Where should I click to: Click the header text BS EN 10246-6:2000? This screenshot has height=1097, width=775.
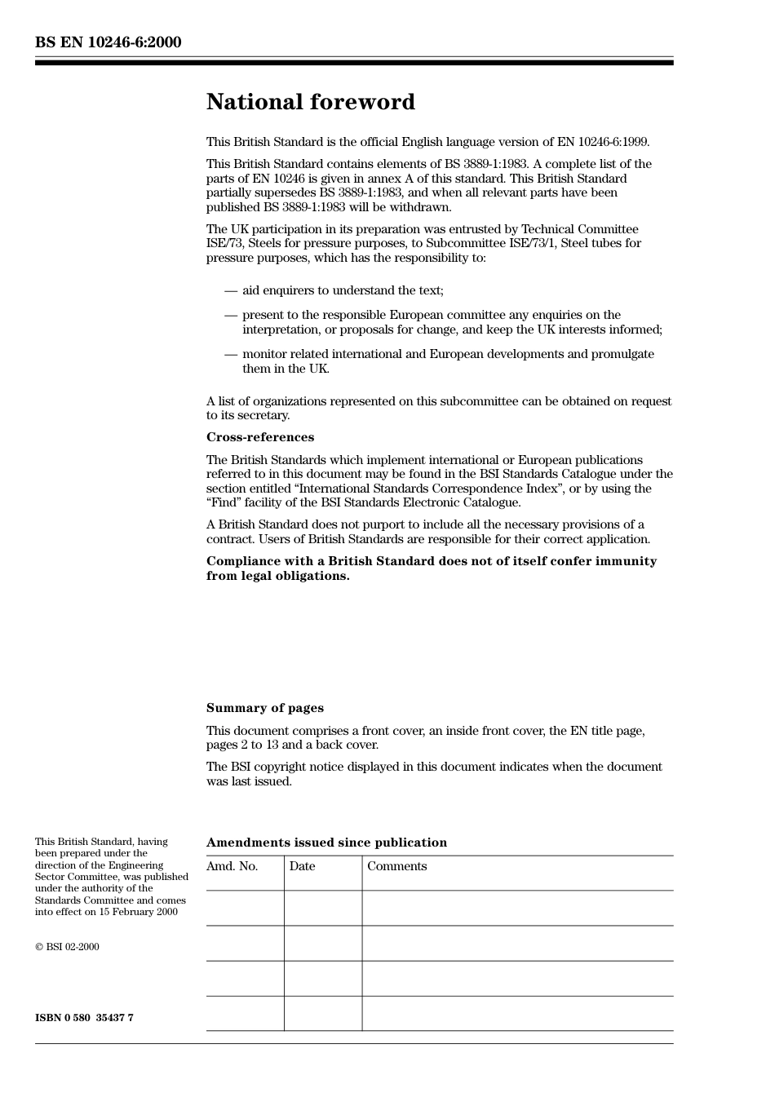point(108,42)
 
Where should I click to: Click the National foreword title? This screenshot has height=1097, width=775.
point(310,102)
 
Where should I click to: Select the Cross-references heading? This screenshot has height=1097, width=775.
point(259,437)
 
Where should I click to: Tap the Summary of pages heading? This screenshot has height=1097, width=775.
point(264,708)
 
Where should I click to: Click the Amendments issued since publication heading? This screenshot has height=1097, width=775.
point(326,843)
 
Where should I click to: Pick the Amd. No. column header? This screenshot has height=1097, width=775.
point(232,866)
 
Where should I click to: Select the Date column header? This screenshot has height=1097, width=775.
point(302,866)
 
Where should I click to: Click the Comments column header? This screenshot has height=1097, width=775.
point(396,866)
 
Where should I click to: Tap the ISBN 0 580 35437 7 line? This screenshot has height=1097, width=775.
point(84,1018)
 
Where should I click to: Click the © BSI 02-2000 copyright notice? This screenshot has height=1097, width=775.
point(67,947)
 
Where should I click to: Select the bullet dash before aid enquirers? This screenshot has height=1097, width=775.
point(231,290)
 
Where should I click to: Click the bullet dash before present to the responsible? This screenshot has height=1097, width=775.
point(231,315)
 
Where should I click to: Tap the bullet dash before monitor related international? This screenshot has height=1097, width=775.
point(231,354)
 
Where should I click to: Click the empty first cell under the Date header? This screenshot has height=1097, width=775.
point(323,908)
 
